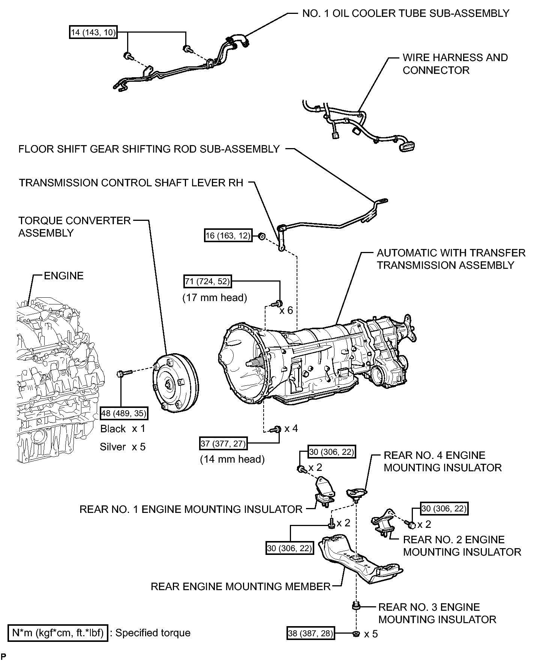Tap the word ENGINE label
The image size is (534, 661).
point(64,276)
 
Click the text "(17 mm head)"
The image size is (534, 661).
point(215,298)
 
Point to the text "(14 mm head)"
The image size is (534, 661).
point(232,459)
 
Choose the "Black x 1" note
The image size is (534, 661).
point(123,429)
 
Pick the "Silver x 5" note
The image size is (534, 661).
point(123,447)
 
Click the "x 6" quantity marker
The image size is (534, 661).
point(286,310)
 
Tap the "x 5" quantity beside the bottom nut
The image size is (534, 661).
point(371,634)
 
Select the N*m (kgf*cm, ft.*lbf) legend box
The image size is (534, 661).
point(58,633)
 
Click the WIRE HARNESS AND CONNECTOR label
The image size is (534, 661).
point(455,64)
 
